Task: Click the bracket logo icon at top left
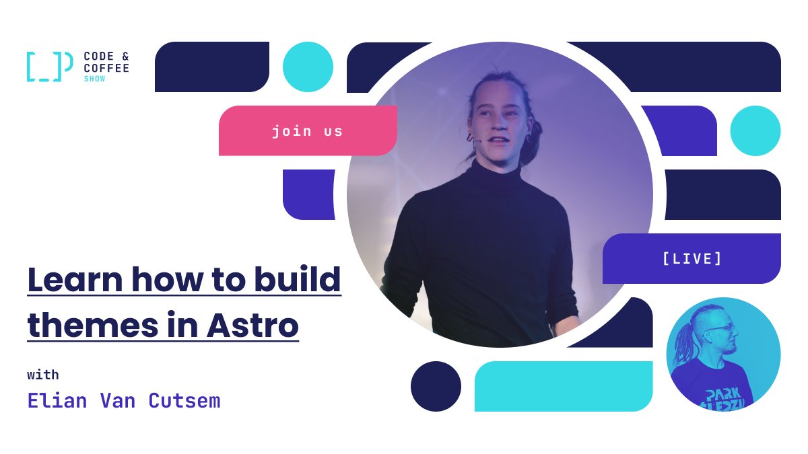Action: [x=49, y=67]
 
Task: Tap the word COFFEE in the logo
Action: [x=106, y=68]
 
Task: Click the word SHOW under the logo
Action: [x=94, y=79]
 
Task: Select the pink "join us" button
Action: [x=307, y=130]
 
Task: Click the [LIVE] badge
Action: [x=692, y=258]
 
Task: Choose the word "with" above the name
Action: [x=43, y=375]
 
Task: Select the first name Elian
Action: [x=57, y=401]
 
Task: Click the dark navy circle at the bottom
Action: [x=436, y=386]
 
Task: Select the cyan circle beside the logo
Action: [x=308, y=67]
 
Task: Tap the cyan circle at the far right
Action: [x=755, y=130]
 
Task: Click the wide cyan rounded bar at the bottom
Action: [x=564, y=386]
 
